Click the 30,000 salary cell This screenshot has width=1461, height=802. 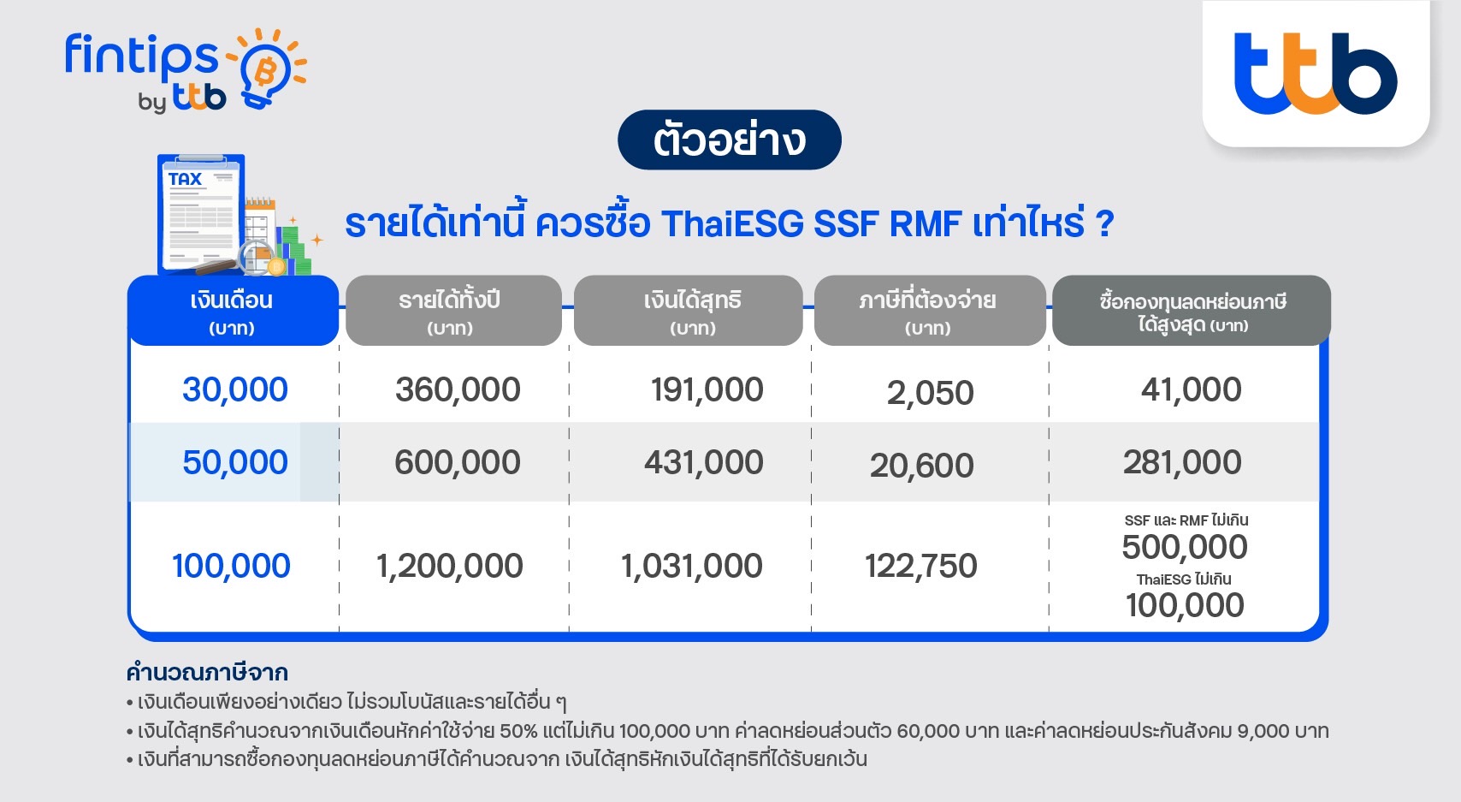(x=234, y=389)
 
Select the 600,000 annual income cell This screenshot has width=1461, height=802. (x=458, y=462)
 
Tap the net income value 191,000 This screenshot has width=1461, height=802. (x=707, y=389)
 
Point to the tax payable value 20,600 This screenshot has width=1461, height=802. (x=921, y=466)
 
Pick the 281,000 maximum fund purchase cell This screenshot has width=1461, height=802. (x=1182, y=462)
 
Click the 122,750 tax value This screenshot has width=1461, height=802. (x=921, y=565)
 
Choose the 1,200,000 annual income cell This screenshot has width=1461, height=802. (x=449, y=565)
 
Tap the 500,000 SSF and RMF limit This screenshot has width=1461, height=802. (x=1185, y=547)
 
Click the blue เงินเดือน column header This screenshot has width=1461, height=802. (x=233, y=311)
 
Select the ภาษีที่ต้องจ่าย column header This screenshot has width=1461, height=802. (x=930, y=311)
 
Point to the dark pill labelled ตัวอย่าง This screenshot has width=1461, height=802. (x=729, y=140)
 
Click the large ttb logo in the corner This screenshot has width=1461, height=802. (x=1316, y=73)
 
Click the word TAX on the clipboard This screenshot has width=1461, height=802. (x=186, y=179)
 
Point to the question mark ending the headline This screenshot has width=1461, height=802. (x=1104, y=224)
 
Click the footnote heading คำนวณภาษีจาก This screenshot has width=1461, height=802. (x=207, y=672)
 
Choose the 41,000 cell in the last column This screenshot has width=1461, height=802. (x=1191, y=389)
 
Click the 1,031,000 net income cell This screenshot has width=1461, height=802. (x=691, y=565)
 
